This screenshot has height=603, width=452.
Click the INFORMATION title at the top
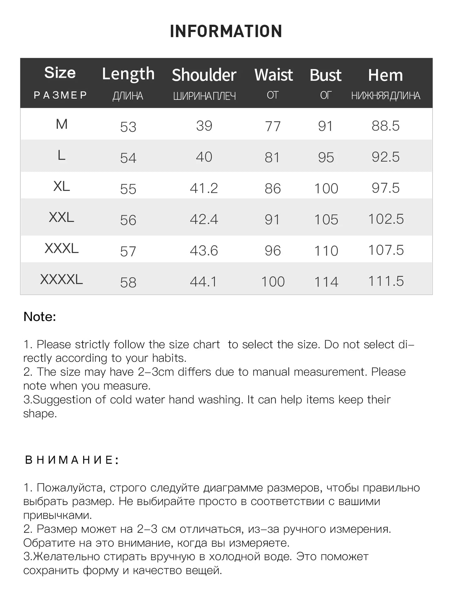(x=226, y=31)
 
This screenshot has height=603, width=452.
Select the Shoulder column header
(x=204, y=75)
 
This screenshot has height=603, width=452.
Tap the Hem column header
(x=385, y=75)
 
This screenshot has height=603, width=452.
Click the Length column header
(x=128, y=74)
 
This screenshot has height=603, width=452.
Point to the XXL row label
(x=62, y=217)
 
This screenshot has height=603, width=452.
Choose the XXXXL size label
(x=62, y=279)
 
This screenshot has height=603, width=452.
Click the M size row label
(x=62, y=124)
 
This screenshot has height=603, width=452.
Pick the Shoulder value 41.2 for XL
(x=204, y=188)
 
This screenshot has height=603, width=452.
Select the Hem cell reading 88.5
(x=385, y=126)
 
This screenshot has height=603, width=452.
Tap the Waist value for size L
(x=272, y=157)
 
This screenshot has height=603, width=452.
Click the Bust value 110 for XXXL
(x=326, y=251)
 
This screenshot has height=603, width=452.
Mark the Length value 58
(x=128, y=282)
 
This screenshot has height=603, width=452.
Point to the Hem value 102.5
(x=386, y=219)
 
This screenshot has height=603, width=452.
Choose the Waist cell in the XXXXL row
(x=273, y=282)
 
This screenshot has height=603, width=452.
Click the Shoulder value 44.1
(x=203, y=282)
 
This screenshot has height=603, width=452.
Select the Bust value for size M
(x=325, y=126)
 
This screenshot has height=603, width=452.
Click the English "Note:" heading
(x=40, y=317)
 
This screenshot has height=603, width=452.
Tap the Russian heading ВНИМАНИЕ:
(x=72, y=460)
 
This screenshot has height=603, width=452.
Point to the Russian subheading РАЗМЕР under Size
(x=60, y=95)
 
